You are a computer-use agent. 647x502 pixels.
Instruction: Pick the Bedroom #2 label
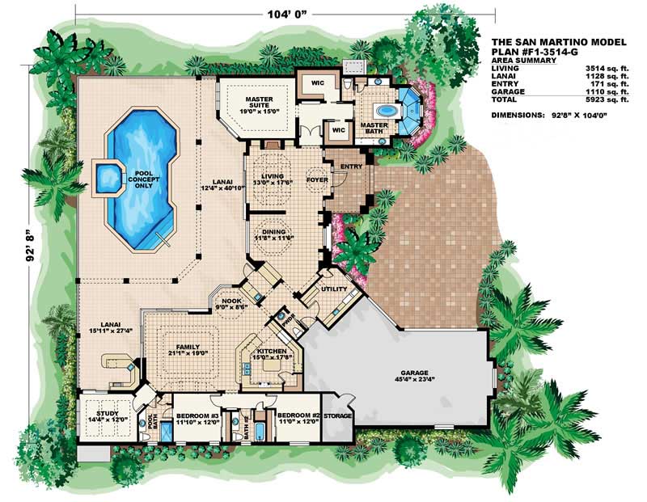295,418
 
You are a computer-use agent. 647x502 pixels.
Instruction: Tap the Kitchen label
268,353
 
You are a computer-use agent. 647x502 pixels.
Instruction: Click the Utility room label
333,288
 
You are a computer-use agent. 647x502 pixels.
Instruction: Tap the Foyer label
315,171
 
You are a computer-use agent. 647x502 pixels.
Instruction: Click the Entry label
349,166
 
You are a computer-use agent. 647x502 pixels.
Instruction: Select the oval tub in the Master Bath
386,111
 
